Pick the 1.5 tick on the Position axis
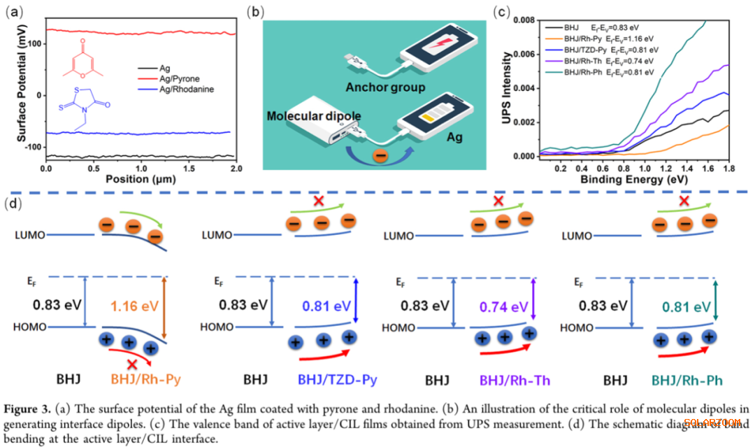tap(188, 169)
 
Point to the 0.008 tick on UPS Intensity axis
tap(518, 20)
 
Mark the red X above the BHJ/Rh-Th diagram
tap(498, 201)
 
